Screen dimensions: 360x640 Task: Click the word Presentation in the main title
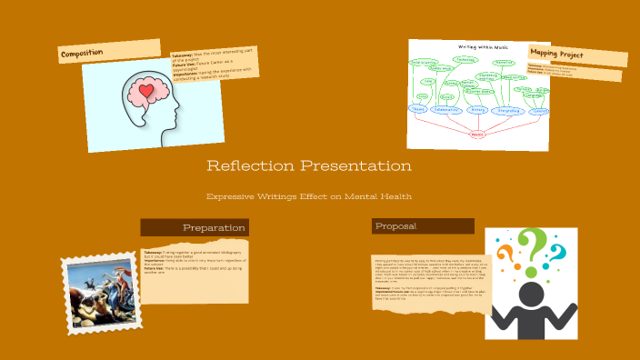pyautogui.click(x=356, y=166)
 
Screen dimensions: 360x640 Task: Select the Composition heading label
pyautogui.click(x=83, y=55)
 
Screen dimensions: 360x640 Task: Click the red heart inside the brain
pyautogui.click(x=146, y=92)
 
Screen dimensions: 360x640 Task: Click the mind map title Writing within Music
pyautogui.click(x=483, y=46)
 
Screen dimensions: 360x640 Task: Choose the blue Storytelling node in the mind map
pyautogui.click(x=509, y=111)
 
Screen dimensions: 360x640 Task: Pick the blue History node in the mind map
pyautogui.click(x=479, y=111)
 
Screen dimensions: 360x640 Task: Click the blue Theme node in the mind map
pyautogui.click(x=418, y=110)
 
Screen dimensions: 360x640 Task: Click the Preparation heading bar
pyautogui.click(x=195, y=227)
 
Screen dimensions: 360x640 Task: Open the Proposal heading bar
pyautogui.click(x=423, y=225)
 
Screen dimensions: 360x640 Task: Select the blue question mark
pyautogui.click(x=555, y=252)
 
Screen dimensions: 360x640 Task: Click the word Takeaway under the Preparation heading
pyautogui.click(x=153, y=252)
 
